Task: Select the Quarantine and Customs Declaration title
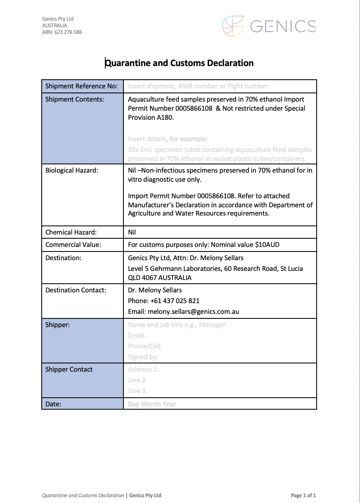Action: point(179,63)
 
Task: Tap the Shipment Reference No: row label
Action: point(81,86)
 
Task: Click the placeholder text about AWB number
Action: point(198,86)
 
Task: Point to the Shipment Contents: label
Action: point(75,99)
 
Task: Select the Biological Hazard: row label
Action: point(71,171)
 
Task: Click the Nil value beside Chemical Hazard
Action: point(132,233)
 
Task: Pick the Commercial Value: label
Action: point(73,245)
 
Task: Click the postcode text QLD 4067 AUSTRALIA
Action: point(160,278)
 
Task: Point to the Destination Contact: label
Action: point(76,290)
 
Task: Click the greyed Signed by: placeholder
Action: point(143,357)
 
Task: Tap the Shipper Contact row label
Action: point(69,370)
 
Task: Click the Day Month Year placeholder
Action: point(152,404)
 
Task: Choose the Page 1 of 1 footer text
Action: point(303,496)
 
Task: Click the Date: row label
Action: point(53,404)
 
